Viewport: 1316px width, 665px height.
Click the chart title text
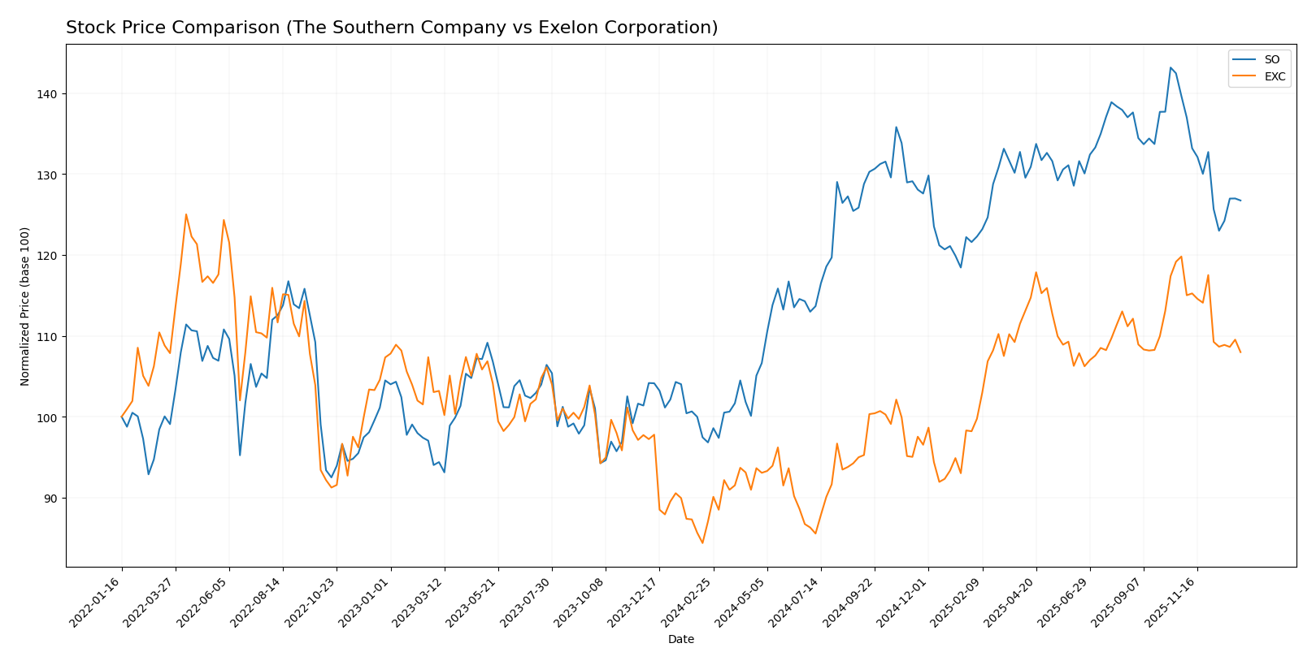pyautogui.click(x=392, y=28)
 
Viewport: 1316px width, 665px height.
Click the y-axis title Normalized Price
pyautogui.click(x=25, y=306)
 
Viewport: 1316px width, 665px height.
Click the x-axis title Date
pyautogui.click(x=680, y=640)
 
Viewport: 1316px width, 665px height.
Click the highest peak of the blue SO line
pyautogui.click(x=1171, y=67)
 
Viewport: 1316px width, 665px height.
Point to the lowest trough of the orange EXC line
pyautogui.click(x=702, y=542)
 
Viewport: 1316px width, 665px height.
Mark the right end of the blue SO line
pyautogui.click(x=1240, y=201)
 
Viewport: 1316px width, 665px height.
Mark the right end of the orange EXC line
pyautogui.click(x=1240, y=352)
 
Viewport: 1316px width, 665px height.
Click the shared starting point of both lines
pyautogui.click(x=122, y=417)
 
